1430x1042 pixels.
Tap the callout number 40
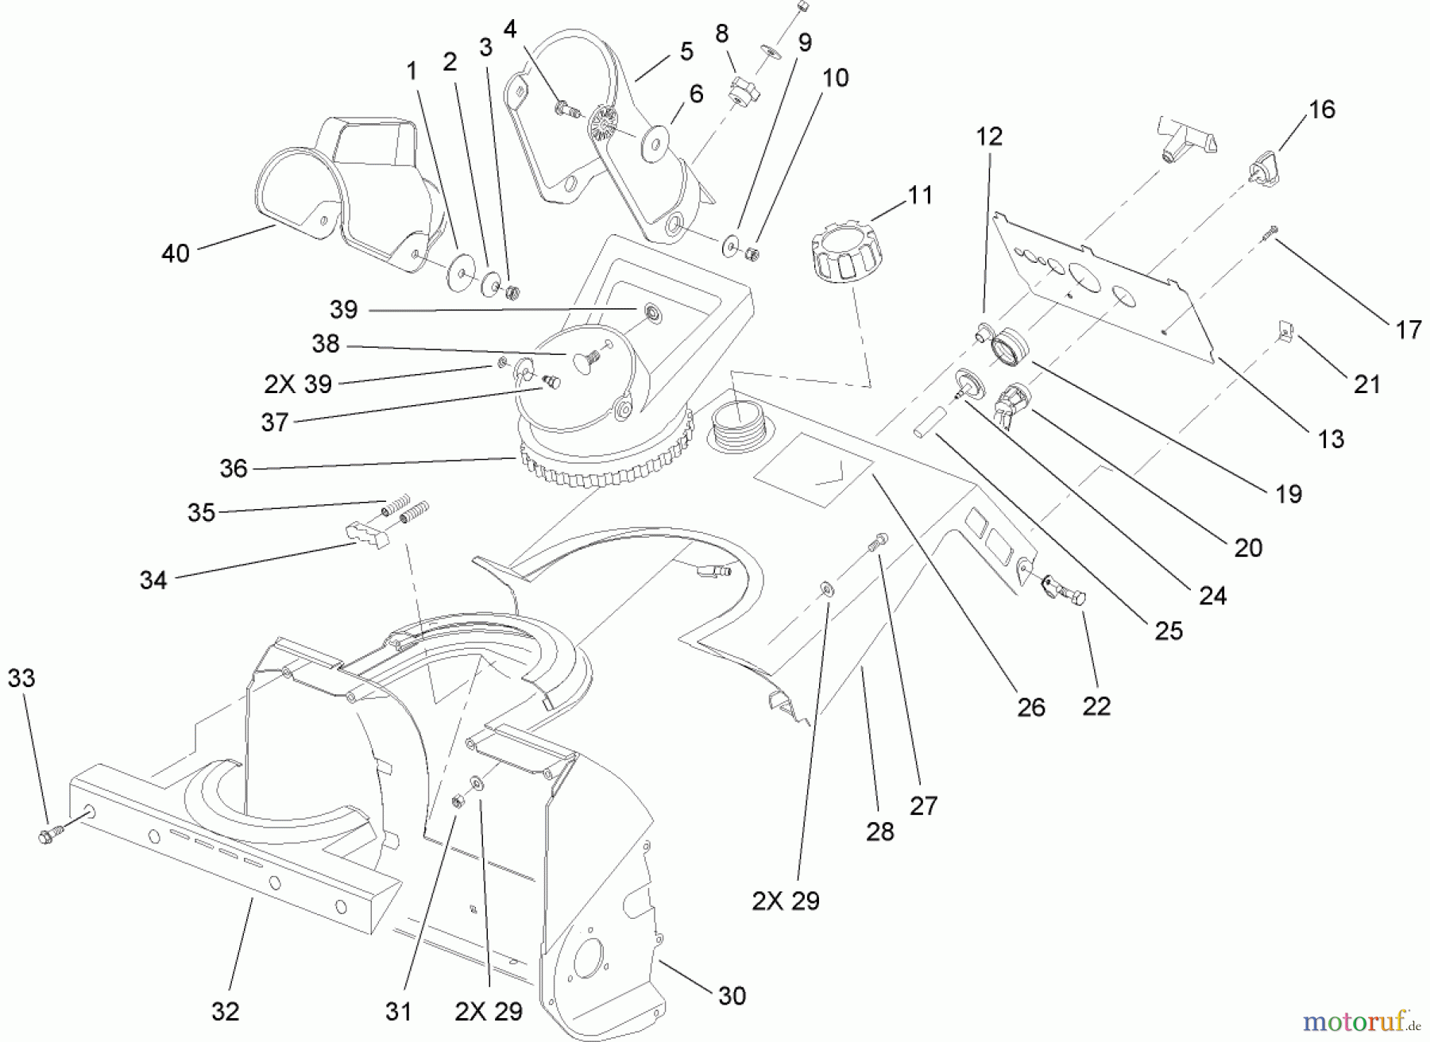[176, 253]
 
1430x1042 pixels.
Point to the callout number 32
[225, 1011]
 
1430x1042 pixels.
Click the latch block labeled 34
[367, 535]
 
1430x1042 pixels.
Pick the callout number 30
[732, 996]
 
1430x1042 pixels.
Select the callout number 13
[1331, 439]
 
